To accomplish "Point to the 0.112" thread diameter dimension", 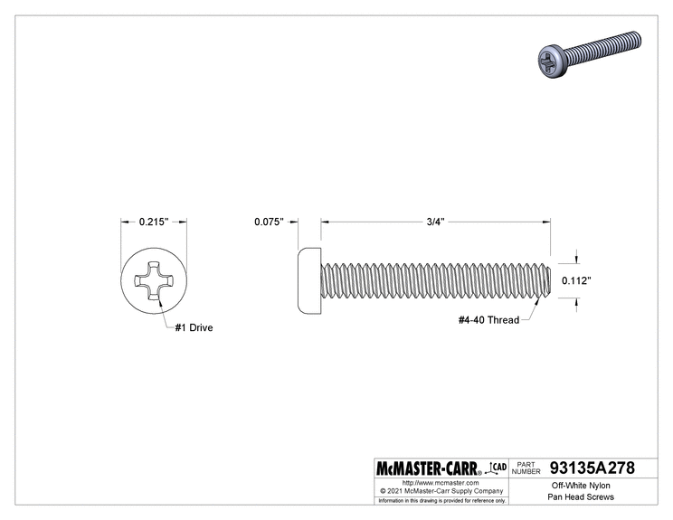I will click(x=576, y=280).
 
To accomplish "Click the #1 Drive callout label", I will click(x=194, y=328).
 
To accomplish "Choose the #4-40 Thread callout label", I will click(x=488, y=319).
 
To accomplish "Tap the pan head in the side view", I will click(x=310, y=280).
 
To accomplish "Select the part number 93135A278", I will click(x=592, y=468).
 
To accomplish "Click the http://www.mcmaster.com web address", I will click(x=440, y=484).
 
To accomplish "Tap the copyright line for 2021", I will click(x=440, y=491).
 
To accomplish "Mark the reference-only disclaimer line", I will click(x=440, y=500).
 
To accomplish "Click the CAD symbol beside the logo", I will click(x=496, y=467).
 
